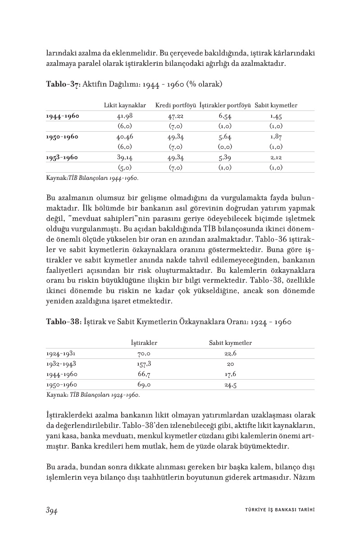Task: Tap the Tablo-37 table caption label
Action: tap(63, 84)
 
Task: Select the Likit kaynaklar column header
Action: tap(125, 105)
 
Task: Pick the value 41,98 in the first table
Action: tap(125, 116)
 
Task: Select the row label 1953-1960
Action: tap(62, 158)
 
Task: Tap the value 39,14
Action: tap(125, 158)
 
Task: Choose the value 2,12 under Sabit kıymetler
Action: tap(276, 158)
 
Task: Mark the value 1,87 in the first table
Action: tap(276, 137)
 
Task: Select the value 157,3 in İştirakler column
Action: tap(144, 363)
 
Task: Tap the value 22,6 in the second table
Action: tap(230, 353)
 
